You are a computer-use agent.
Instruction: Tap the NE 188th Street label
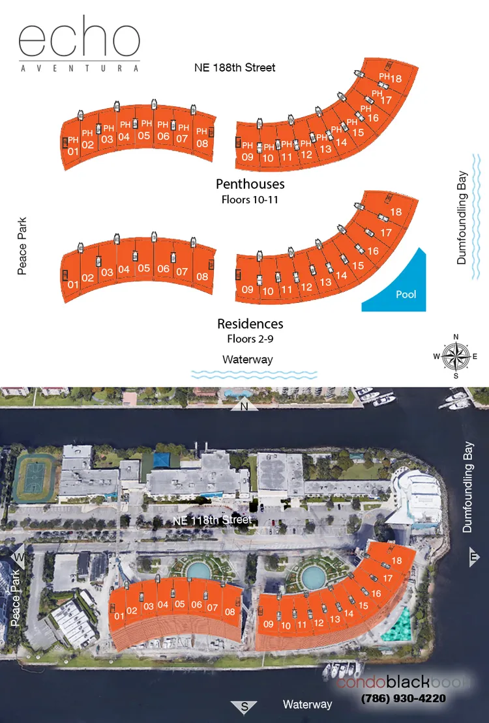tap(235, 68)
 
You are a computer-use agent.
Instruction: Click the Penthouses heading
tap(250, 184)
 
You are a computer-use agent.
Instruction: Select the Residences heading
tap(250, 324)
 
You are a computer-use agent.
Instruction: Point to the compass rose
tap(455, 356)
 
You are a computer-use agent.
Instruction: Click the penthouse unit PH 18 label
tap(390, 78)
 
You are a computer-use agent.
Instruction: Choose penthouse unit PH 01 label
tap(73, 146)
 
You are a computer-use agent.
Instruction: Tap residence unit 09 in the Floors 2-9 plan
tap(248, 290)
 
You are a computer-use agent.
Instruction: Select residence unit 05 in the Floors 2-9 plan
tap(144, 268)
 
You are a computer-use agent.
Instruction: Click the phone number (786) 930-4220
tap(404, 698)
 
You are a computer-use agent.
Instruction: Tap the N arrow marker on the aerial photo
tap(244, 406)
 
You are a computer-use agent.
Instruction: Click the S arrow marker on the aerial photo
tap(244, 707)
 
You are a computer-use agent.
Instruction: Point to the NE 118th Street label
tap(213, 520)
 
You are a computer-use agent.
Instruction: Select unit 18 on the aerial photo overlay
tap(396, 561)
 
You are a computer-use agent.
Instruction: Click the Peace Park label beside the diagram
tap(22, 246)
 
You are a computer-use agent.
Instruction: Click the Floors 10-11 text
tap(250, 200)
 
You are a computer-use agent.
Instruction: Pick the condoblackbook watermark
tap(402, 682)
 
